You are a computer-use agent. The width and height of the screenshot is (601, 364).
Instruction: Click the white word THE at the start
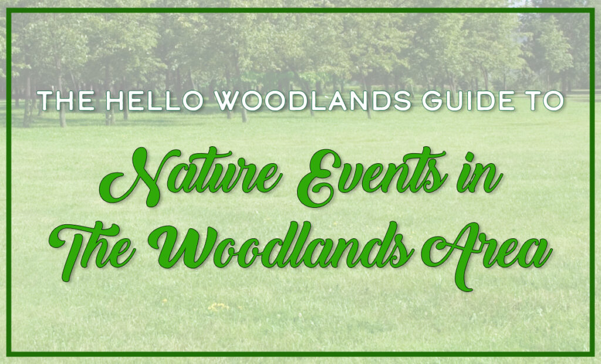pos(66,101)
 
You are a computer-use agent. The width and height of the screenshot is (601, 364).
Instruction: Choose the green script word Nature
pos(191,176)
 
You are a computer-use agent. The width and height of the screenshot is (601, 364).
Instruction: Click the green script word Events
pos(372,176)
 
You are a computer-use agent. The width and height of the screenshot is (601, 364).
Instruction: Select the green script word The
pos(92,250)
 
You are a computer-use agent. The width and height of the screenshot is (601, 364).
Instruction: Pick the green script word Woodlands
pos(281,245)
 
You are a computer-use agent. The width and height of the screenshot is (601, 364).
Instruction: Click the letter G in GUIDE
pos(432,101)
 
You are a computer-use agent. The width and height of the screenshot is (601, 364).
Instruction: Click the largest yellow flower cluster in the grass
pos(218,306)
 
